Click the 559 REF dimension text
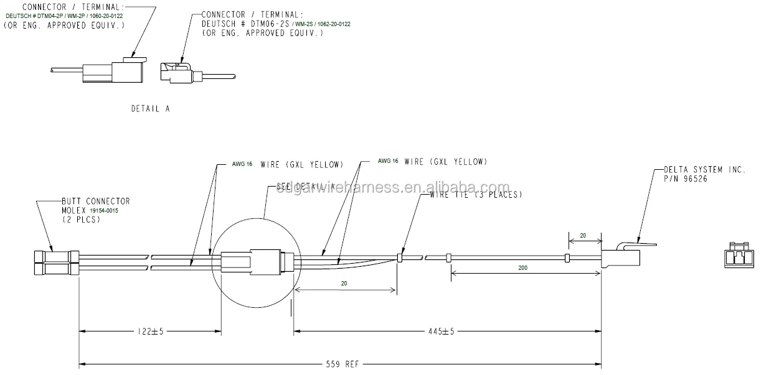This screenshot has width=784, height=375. click(342, 364)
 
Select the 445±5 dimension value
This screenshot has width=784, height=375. click(442, 331)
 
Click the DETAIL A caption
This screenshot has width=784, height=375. click(150, 108)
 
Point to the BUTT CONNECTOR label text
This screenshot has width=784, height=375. click(95, 201)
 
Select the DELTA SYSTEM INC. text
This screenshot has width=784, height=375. click(704, 169)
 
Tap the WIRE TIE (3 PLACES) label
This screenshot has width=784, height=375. click(476, 195)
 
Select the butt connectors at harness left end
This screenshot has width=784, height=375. click(56, 262)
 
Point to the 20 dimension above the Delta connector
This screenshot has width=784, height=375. click(583, 236)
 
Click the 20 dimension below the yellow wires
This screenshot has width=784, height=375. click(344, 282)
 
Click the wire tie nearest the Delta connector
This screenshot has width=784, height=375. click(567, 257)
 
